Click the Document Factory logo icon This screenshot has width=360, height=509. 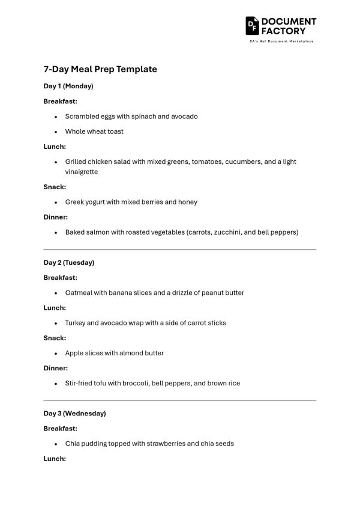click(251, 25)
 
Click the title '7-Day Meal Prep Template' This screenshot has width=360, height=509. click(100, 69)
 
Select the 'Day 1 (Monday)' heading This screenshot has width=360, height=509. click(68, 86)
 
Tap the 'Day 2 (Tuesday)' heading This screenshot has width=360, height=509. click(69, 262)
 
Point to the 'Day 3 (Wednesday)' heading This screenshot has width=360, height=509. click(74, 414)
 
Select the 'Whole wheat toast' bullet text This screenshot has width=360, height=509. click(94, 131)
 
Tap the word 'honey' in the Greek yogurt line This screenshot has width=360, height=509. click(188, 202)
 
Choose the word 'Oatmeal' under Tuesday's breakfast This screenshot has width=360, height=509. click(79, 293)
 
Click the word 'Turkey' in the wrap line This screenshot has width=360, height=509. click(75, 323)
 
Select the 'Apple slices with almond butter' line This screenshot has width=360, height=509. click(115, 353)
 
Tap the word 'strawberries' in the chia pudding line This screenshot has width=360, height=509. click(170, 444)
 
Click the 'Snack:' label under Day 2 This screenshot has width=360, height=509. click(55, 338)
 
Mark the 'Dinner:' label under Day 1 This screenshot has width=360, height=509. click(56, 217)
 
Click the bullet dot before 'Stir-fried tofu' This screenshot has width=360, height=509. click(56, 384)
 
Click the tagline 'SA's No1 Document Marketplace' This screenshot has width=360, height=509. click(281, 41)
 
